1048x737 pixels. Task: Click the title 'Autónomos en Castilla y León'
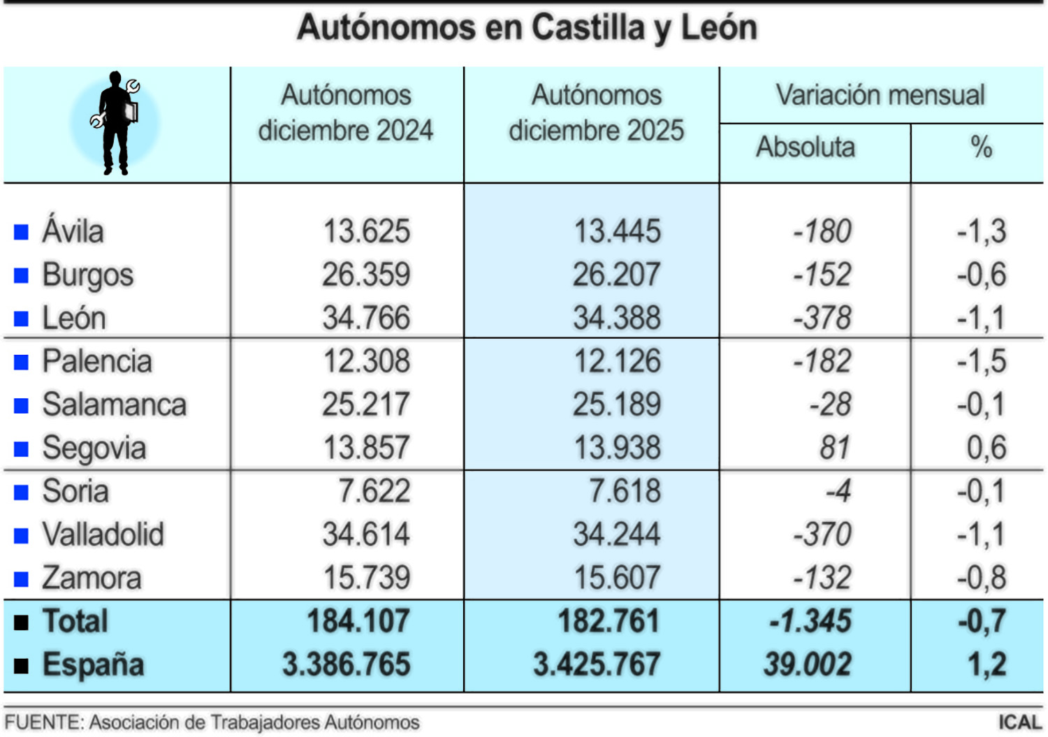[527, 29]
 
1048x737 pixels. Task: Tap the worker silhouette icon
[115, 124]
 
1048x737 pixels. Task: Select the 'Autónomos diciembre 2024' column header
[346, 113]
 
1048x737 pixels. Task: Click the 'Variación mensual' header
[880, 95]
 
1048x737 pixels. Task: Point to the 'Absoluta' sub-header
[805, 147]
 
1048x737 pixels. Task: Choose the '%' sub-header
[981, 147]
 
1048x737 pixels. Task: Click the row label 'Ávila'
[73, 231]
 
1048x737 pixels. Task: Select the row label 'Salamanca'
[114, 404]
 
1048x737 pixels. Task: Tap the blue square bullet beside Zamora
[22, 579]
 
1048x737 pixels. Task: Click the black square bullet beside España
[22, 666]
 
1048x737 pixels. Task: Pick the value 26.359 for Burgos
[366, 275]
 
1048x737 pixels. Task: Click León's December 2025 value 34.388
[616, 318]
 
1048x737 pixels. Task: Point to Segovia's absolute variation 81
[834, 448]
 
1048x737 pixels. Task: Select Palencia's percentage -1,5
[981, 361]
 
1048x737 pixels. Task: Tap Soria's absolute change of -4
[838, 491]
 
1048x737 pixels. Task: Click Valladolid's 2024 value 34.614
[366, 534]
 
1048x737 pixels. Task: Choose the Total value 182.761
[608, 621]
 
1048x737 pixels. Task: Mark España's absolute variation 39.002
[807, 664]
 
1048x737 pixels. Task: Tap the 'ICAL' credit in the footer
[1019, 722]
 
